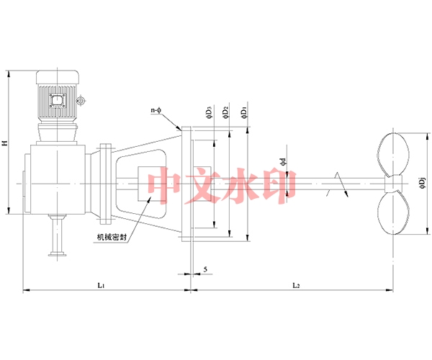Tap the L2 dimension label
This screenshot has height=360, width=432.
coord(295,285)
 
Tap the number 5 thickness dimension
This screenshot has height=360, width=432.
coord(207,269)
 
